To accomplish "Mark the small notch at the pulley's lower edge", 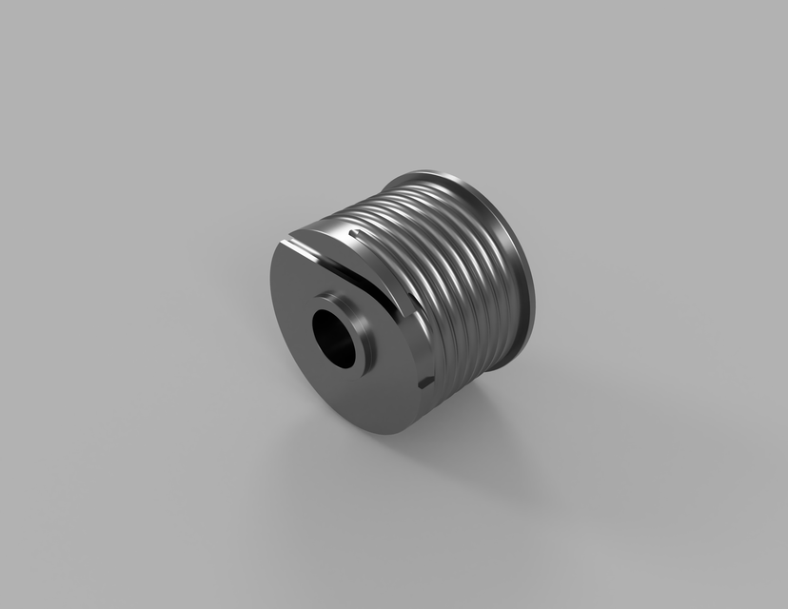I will [425, 383].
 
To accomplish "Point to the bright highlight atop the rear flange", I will [428, 175].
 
